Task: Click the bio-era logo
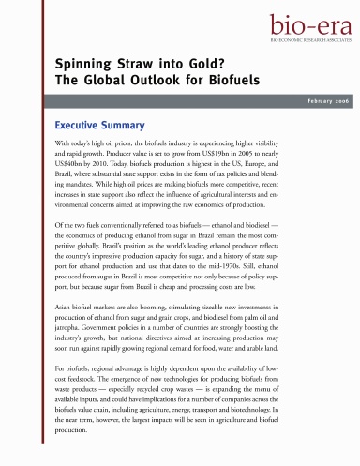pos(311,25)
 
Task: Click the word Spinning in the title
pos(71,63)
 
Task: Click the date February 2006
pos(322,100)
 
